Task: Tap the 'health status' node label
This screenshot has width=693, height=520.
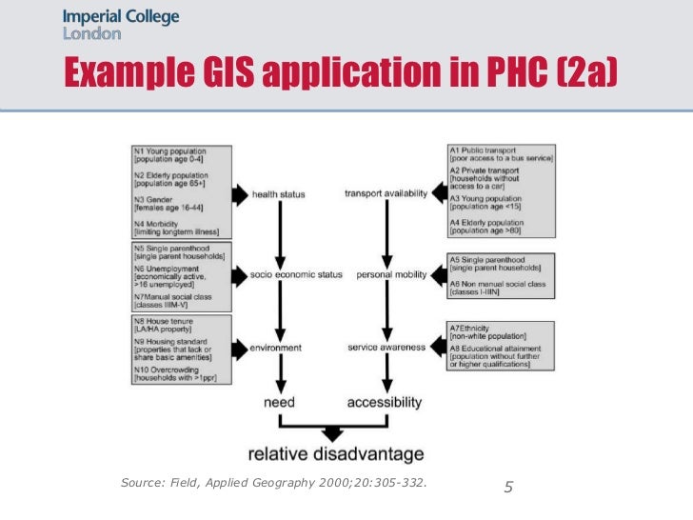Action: pos(278,195)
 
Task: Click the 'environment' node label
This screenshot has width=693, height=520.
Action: pos(277,348)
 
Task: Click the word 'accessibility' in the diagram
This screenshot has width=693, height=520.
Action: pos(385,403)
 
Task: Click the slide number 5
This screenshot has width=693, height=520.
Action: pos(508,489)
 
